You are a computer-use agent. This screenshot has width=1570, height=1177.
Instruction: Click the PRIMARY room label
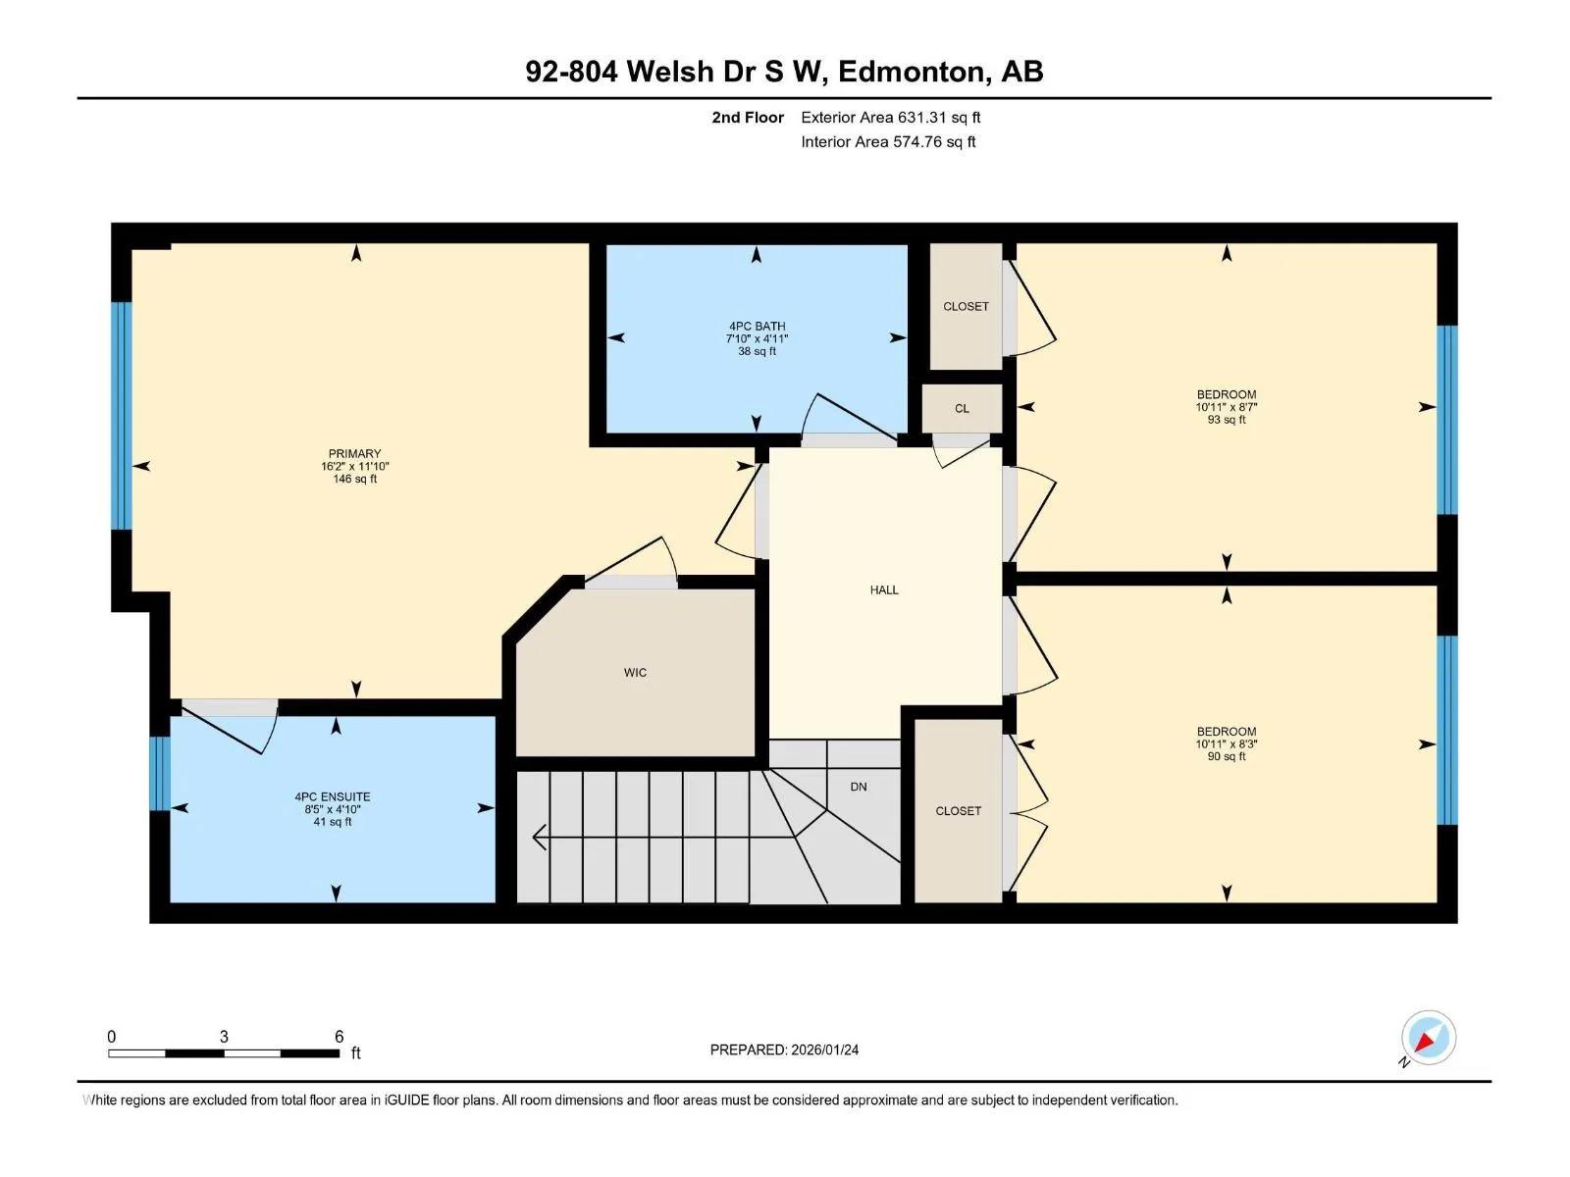pos(354,454)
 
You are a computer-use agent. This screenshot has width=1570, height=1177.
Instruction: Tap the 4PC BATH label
pos(757,326)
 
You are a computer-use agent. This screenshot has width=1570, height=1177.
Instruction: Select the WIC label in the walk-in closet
pos(635,673)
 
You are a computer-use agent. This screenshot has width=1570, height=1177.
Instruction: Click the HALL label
pos(884,589)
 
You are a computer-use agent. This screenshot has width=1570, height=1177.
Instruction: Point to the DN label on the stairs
pos(859,787)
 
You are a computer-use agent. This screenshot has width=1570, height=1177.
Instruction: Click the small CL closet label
pos(962,409)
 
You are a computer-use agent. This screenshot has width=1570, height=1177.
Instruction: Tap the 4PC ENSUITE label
pos(332,796)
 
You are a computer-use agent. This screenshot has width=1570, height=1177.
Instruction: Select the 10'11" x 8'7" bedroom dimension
pos(1226,407)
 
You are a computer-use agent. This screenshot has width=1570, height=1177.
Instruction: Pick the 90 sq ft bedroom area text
pos(1226,756)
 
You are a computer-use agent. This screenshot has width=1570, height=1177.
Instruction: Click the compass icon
pos(1428,1038)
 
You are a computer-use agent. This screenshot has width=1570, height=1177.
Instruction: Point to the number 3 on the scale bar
pos(224,1036)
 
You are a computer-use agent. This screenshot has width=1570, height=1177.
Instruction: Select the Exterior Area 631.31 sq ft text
pos(891,117)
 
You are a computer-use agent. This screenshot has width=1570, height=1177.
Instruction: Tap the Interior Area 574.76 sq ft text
pos(888,141)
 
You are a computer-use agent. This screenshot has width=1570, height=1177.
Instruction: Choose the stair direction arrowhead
pos(539,836)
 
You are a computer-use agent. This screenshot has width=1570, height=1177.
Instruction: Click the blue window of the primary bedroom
pos(122,415)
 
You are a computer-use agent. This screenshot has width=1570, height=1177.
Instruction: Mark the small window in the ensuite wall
pos(160,773)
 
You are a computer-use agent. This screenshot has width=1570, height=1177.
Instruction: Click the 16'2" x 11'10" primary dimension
pos(355,466)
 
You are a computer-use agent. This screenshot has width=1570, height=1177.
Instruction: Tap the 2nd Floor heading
pos(748,117)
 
